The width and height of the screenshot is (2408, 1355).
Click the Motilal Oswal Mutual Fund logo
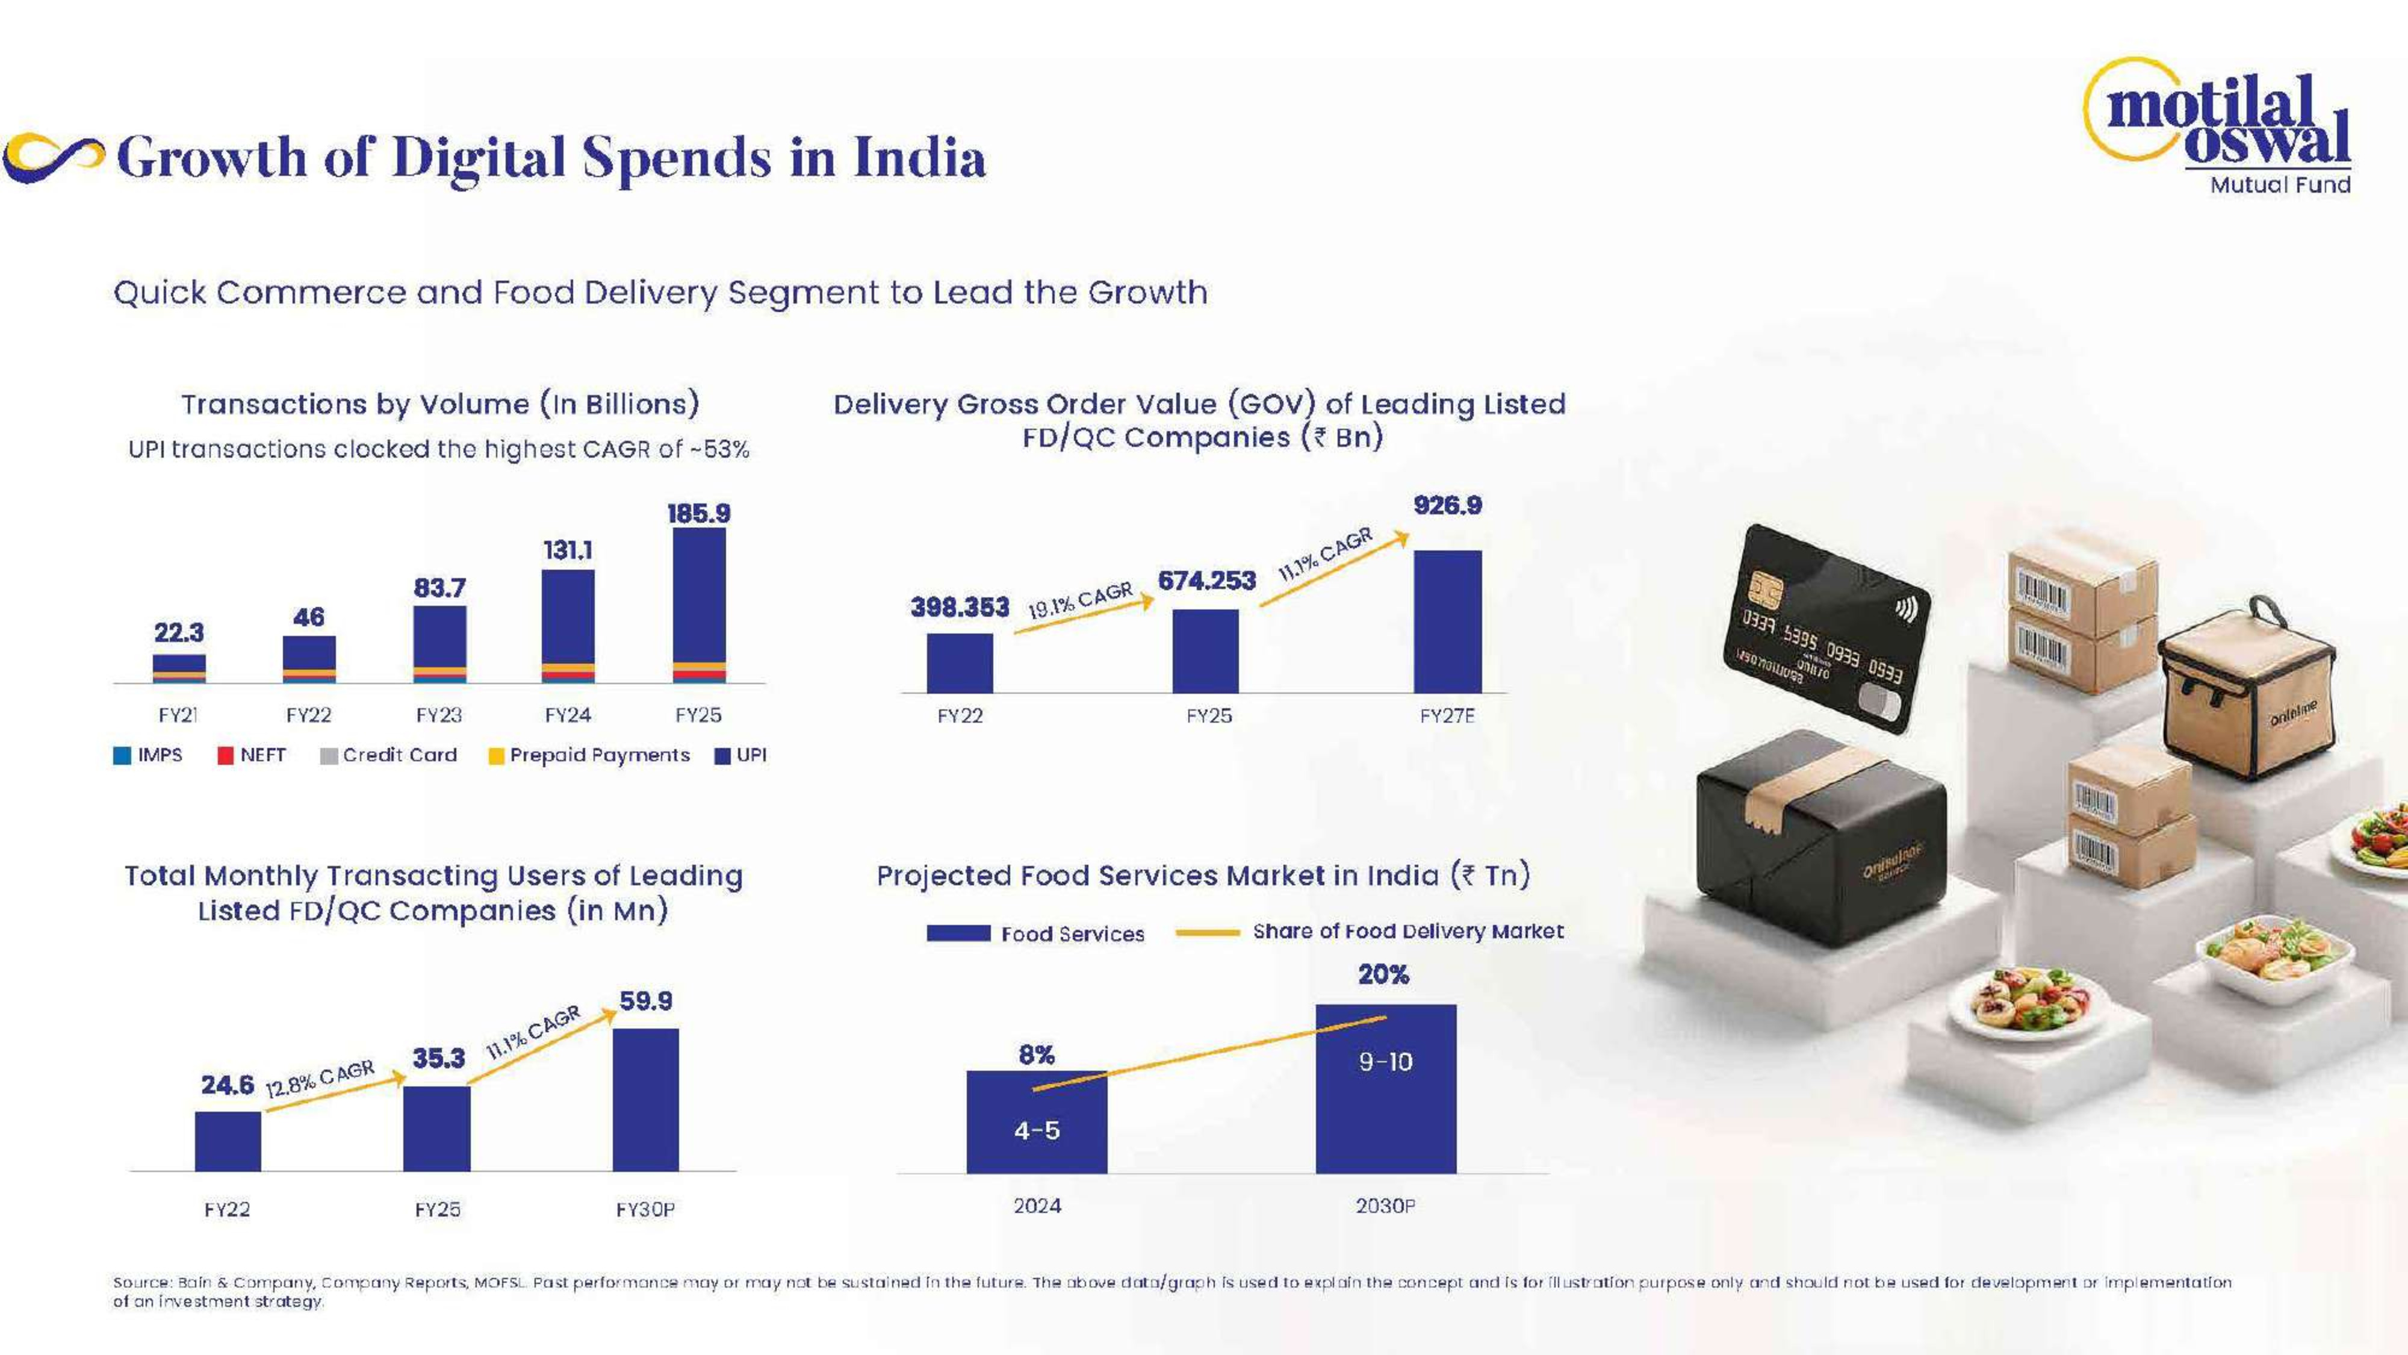tap(2225, 126)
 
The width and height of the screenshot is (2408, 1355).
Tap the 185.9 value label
tap(698, 513)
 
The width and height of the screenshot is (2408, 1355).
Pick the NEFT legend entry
tap(252, 756)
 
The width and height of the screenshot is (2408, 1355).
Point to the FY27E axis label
tap(1447, 716)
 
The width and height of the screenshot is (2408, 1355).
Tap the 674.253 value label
tap(1207, 581)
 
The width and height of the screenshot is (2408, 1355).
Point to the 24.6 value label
tap(227, 1085)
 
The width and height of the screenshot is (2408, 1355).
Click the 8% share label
tap(1037, 1055)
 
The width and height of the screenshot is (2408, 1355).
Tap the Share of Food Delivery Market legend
tap(1370, 932)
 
